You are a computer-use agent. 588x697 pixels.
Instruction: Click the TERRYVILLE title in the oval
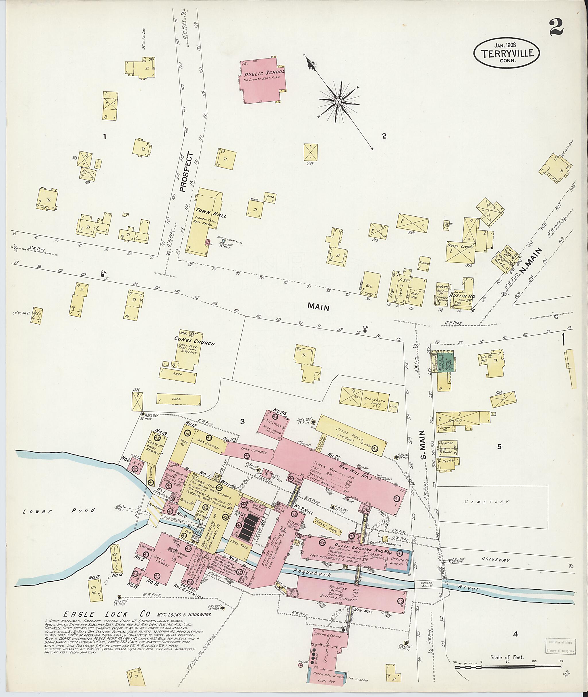506,54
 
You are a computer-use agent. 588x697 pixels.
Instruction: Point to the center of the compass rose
338,101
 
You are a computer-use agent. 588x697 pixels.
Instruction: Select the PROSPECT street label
186,172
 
